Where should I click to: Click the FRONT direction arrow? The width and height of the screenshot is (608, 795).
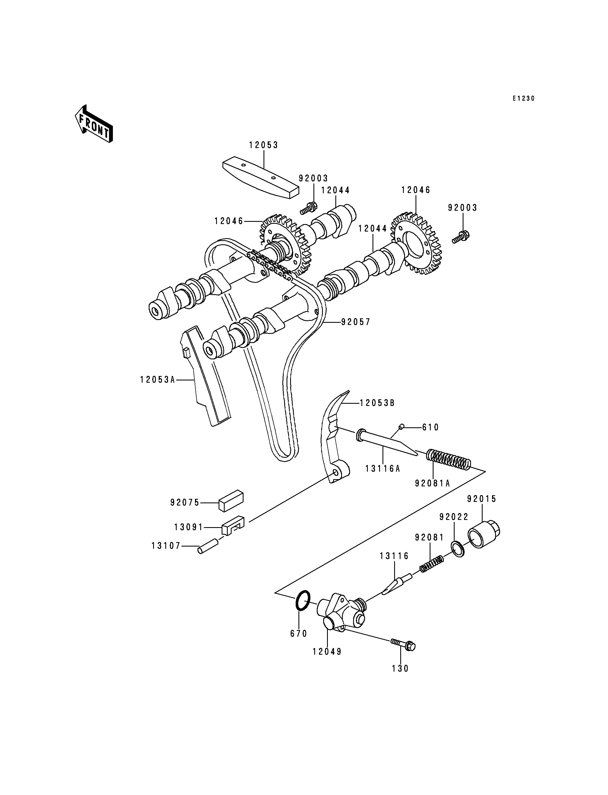pos(94,124)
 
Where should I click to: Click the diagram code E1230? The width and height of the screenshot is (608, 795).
pos(523,98)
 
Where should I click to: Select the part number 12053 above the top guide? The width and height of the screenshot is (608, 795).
pos(264,145)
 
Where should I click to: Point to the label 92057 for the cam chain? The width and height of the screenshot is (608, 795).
pos(356,322)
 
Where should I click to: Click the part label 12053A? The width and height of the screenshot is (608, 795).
pos(158,380)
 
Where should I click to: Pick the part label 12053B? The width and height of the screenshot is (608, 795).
pos(377,403)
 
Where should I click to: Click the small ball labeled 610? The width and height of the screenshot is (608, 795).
pos(401,427)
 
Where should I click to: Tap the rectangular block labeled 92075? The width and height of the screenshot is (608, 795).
pos(231,501)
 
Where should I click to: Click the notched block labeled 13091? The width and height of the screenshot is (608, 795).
pos(233,526)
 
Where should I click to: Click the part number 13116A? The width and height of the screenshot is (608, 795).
pos(382,469)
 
